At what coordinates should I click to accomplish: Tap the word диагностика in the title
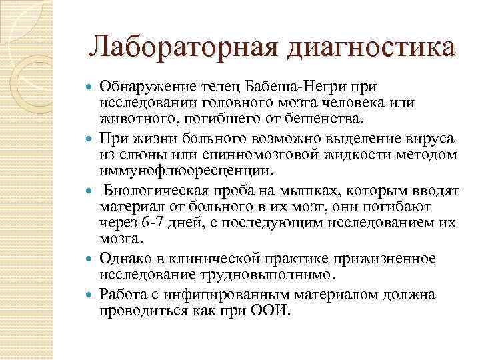tap(373, 47)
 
